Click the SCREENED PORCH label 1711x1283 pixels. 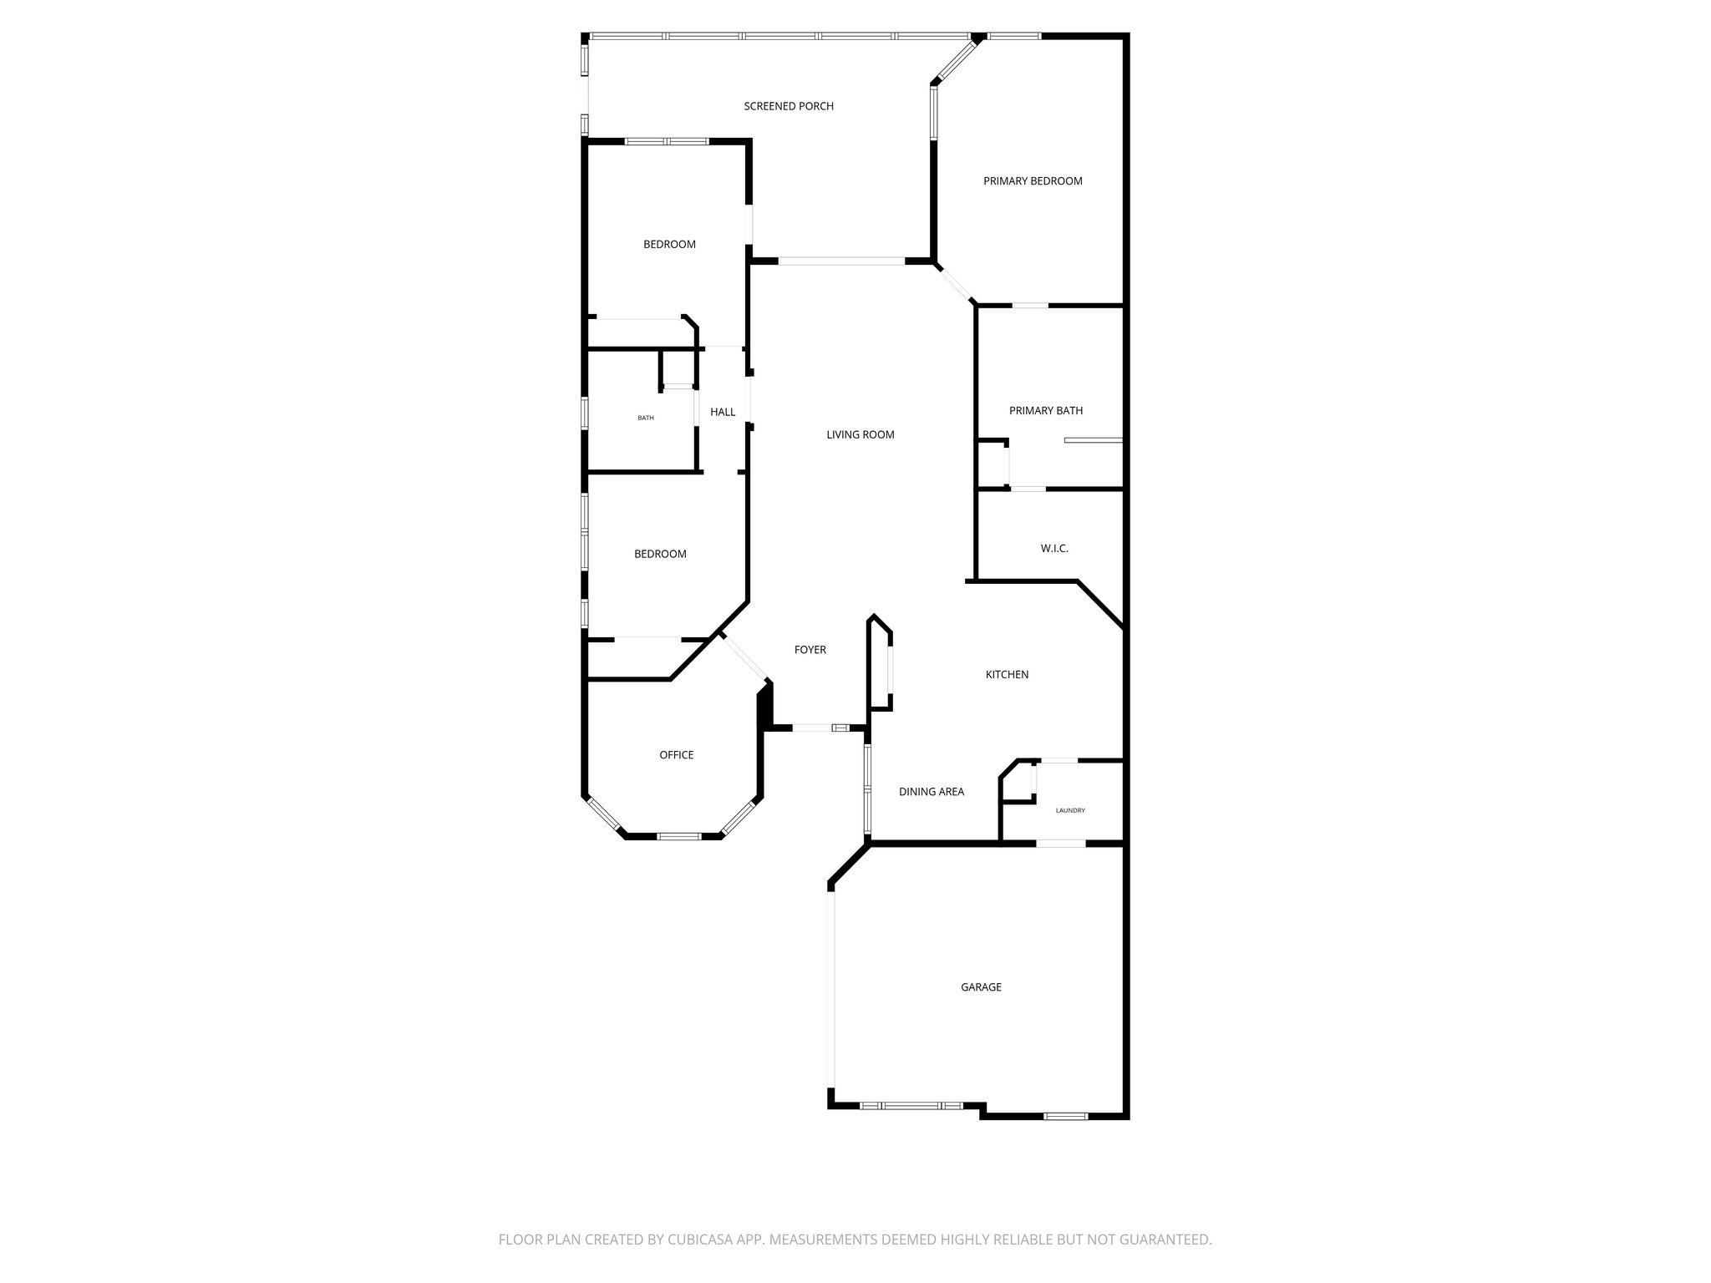789,106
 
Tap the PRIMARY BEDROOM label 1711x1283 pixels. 1033,181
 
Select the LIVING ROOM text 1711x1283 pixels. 860,434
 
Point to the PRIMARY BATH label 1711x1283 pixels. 1045,411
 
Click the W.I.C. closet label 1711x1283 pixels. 1054,549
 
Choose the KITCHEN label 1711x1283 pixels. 1007,675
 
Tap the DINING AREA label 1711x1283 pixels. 931,792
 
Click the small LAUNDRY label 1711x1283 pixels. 1070,810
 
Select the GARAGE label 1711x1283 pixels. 981,987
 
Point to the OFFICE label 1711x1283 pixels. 676,755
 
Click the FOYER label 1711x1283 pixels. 810,650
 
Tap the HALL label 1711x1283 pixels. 723,412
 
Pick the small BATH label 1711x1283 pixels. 646,418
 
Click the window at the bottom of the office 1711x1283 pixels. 679,835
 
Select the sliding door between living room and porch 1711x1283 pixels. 841,261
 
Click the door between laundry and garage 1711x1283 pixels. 1061,844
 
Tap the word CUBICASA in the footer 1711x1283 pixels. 695,1240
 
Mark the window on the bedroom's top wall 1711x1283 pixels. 667,141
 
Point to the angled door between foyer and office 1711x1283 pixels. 744,657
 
